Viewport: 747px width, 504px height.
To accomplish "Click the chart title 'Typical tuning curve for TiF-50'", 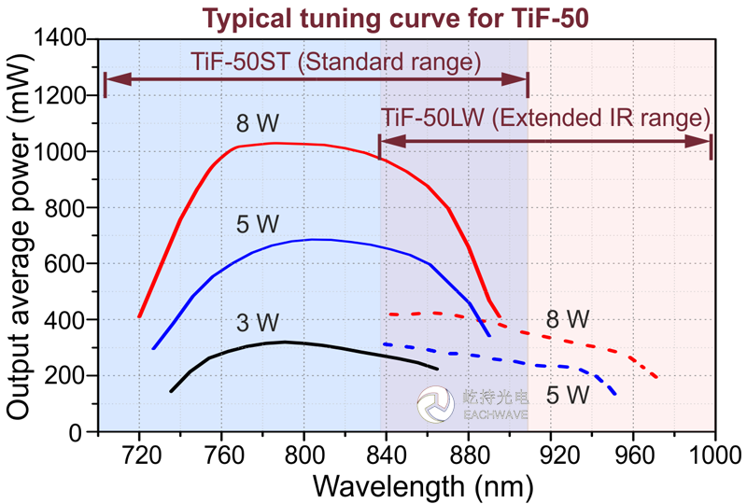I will [x=373, y=17].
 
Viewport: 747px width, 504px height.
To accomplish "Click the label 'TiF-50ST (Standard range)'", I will [x=335, y=63].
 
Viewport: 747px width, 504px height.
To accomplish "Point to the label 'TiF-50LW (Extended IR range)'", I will [x=546, y=119].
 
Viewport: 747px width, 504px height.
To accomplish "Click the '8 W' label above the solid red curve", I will [x=258, y=124].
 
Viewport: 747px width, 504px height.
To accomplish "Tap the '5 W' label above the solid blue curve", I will [x=258, y=223].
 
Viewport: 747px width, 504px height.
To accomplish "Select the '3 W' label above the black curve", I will [x=258, y=323].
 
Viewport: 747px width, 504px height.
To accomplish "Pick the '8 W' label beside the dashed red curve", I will [x=568, y=319].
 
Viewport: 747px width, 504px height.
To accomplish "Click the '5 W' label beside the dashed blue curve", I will [x=567, y=395].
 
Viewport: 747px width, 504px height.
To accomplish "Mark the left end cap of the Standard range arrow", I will [x=106, y=83].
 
